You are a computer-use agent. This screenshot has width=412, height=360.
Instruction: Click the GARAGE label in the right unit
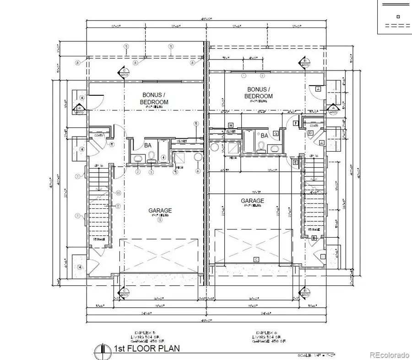click(x=253, y=201)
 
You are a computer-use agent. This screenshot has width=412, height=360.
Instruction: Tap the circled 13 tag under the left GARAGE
click(x=160, y=220)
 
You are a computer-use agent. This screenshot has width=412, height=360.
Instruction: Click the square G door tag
click(x=276, y=133)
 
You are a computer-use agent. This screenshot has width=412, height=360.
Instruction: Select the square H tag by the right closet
click(x=231, y=125)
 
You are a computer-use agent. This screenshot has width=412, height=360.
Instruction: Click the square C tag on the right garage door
click(x=256, y=260)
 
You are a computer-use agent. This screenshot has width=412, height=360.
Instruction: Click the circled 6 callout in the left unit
click(x=198, y=171)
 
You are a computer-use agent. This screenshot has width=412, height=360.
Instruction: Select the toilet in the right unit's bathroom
click(x=261, y=147)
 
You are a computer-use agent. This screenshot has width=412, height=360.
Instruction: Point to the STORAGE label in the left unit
click(x=99, y=239)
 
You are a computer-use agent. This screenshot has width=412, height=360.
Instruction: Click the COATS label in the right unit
click(x=314, y=125)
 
